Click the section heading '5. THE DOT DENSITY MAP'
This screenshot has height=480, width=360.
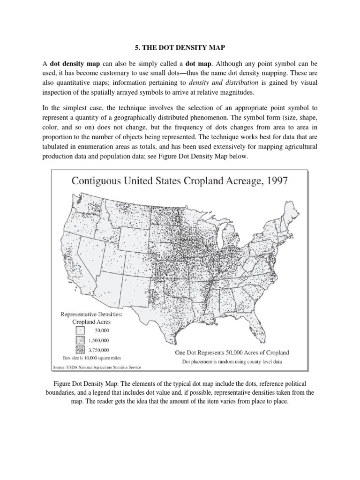pos(180,47)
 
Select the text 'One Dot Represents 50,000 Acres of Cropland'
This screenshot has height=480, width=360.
pos(232,352)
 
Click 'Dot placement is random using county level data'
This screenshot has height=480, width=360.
pos(232,361)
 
